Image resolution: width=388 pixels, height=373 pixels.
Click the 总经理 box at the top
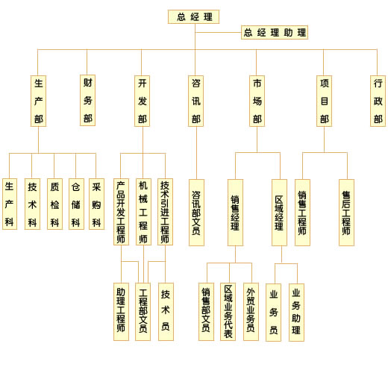point(193,16)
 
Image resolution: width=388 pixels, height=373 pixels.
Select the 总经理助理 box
point(275,32)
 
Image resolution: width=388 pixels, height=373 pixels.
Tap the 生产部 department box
point(38,101)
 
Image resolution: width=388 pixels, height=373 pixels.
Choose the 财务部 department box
point(87,100)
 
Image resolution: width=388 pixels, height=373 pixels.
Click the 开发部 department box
point(142,101)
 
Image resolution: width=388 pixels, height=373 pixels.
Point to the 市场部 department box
point(257,101)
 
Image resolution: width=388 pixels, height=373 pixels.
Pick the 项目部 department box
point(324,101)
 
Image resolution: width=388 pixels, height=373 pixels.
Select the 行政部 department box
point(378,101)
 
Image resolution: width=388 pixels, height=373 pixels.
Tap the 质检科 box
point(54,204)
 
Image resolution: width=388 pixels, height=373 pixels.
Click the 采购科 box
point(96,204)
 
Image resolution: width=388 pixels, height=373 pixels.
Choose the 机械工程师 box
point(143,212)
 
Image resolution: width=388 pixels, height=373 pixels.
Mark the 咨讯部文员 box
point(196,213)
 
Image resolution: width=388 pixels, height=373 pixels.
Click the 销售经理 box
point(235,213)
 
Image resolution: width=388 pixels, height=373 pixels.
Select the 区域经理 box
point(279,213)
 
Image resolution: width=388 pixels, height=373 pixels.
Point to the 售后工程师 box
point(346,213)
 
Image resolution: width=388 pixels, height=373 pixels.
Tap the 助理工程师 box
point(121,312)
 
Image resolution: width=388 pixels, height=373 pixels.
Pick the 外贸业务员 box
point(251,312)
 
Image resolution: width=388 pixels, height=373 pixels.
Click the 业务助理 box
point(296,313)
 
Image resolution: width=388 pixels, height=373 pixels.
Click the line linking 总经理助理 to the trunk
point(218,32)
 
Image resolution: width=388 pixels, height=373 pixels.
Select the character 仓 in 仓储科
point(76,187)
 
